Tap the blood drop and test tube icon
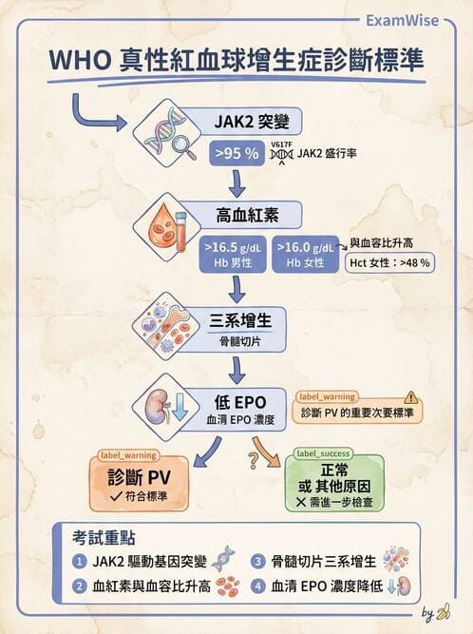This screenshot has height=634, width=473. coord(162,231)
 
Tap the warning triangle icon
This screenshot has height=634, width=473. coord(410,397)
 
